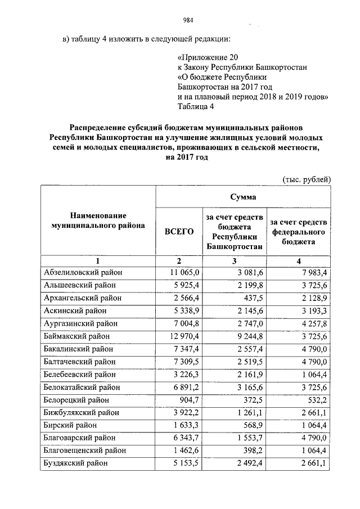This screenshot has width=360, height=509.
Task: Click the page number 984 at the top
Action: [188, 21]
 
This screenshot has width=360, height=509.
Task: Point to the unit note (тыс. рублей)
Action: [306, 179]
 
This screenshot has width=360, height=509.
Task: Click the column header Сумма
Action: [243, 197]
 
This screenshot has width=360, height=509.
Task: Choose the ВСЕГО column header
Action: [178, 231]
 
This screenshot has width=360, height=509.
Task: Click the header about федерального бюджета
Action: [299, 231]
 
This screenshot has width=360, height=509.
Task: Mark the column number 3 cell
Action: [235, 261]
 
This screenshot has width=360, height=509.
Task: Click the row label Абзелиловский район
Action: [83, 272]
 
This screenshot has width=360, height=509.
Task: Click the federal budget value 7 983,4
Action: [312, 272]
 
